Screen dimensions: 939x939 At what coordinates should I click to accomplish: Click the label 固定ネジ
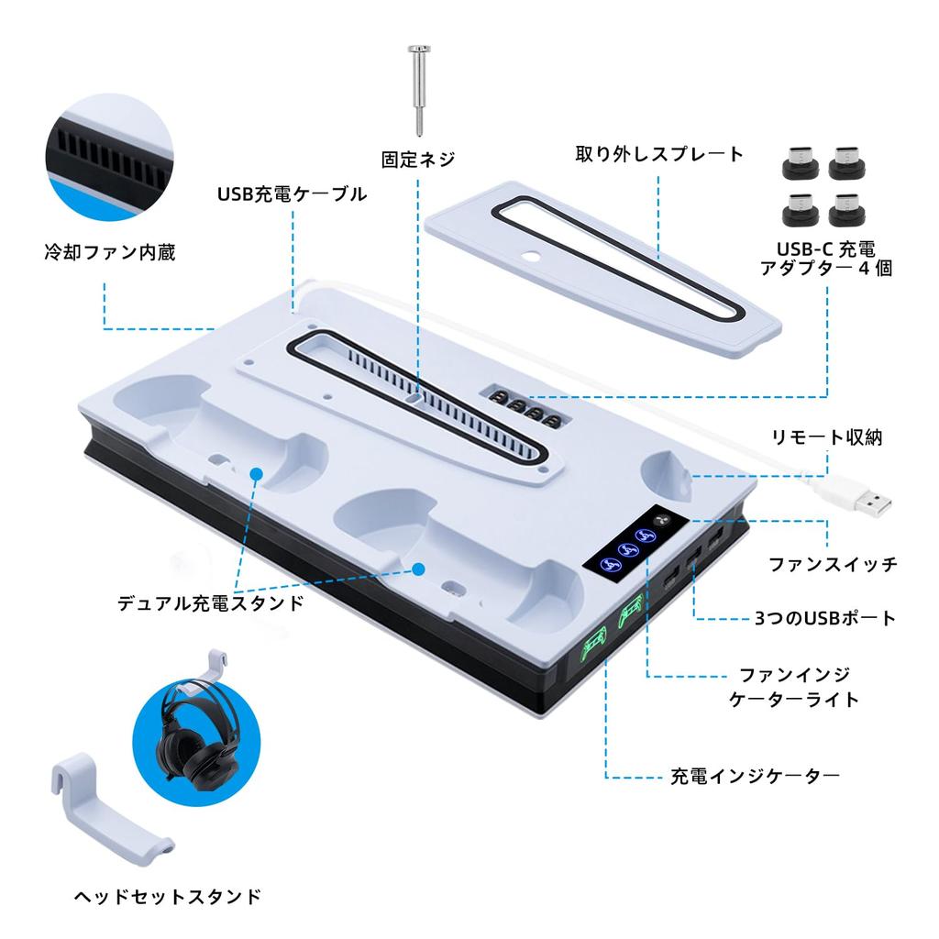pos(417,159)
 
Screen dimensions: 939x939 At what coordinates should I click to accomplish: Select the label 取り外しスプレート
pos(658,154)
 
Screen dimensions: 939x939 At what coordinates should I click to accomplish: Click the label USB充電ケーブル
pos(292,193)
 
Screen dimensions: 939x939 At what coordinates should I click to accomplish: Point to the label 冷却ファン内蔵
pos(109,251)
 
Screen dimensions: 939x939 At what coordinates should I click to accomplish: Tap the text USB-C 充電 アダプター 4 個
pos(826,259)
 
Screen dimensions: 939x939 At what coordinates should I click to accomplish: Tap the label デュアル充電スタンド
pos(211,603)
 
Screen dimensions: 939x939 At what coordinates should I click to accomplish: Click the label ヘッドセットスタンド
pos(167,895)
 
